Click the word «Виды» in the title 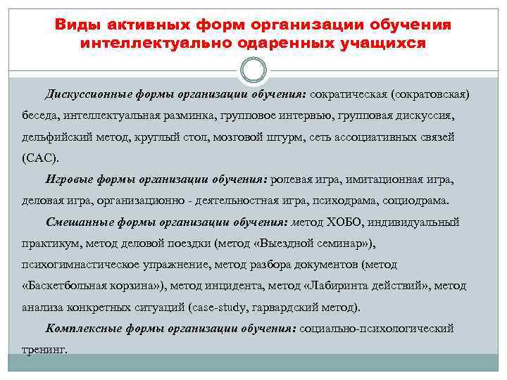pos(75,25)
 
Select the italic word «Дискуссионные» pos(87,94)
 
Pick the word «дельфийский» pos(52,137)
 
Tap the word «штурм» pos(281,137)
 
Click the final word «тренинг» pos(44,350)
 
